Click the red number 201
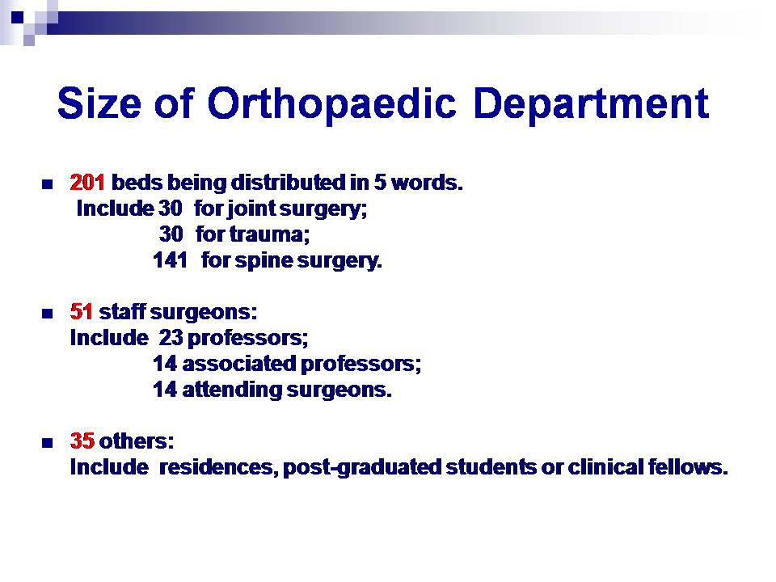pyautogui.click(x=87, y=183)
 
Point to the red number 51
pyautogui.click(x=82, y=311)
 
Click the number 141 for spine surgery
pyautogui.click(x=170, y=261)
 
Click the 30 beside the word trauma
pyautogui.click(x=171, y=235)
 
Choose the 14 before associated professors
pyautogui.click(x=165, y=364)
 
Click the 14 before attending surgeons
pyautogui.click(x=165, y=390)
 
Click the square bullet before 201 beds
pyautogui.click(x=47, y=184)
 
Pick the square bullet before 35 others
pyautogui.click(x=47, y=443)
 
